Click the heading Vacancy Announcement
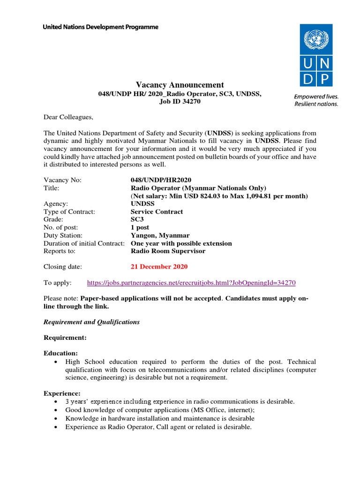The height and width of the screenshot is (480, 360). click(180, 85)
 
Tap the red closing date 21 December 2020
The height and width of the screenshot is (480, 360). click(159, 267)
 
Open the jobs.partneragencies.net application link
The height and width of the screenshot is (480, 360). click(192, 283)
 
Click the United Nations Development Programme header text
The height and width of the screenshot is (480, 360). click(100, 27)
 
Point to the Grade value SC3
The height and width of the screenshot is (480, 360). click(138, 219)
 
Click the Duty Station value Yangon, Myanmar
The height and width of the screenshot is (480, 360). click(160, 235)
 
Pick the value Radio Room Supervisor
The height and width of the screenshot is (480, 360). click(168, 251)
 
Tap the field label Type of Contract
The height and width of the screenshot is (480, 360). click(69, 212)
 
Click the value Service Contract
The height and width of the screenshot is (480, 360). click(157, 212)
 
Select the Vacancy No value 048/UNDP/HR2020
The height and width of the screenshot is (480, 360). click(161, 180)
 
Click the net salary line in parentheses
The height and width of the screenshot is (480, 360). click(219, 196)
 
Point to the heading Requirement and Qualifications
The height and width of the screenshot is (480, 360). click(91, 322)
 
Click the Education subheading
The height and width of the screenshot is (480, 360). click(60, 353)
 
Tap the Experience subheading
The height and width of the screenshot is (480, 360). click(62, 393)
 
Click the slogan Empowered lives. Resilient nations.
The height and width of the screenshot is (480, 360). click(316, 100)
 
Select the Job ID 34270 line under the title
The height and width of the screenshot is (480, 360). click(180, 101)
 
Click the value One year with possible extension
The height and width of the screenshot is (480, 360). click(181, 243)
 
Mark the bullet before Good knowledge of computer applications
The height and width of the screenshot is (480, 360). click(56, 410)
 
